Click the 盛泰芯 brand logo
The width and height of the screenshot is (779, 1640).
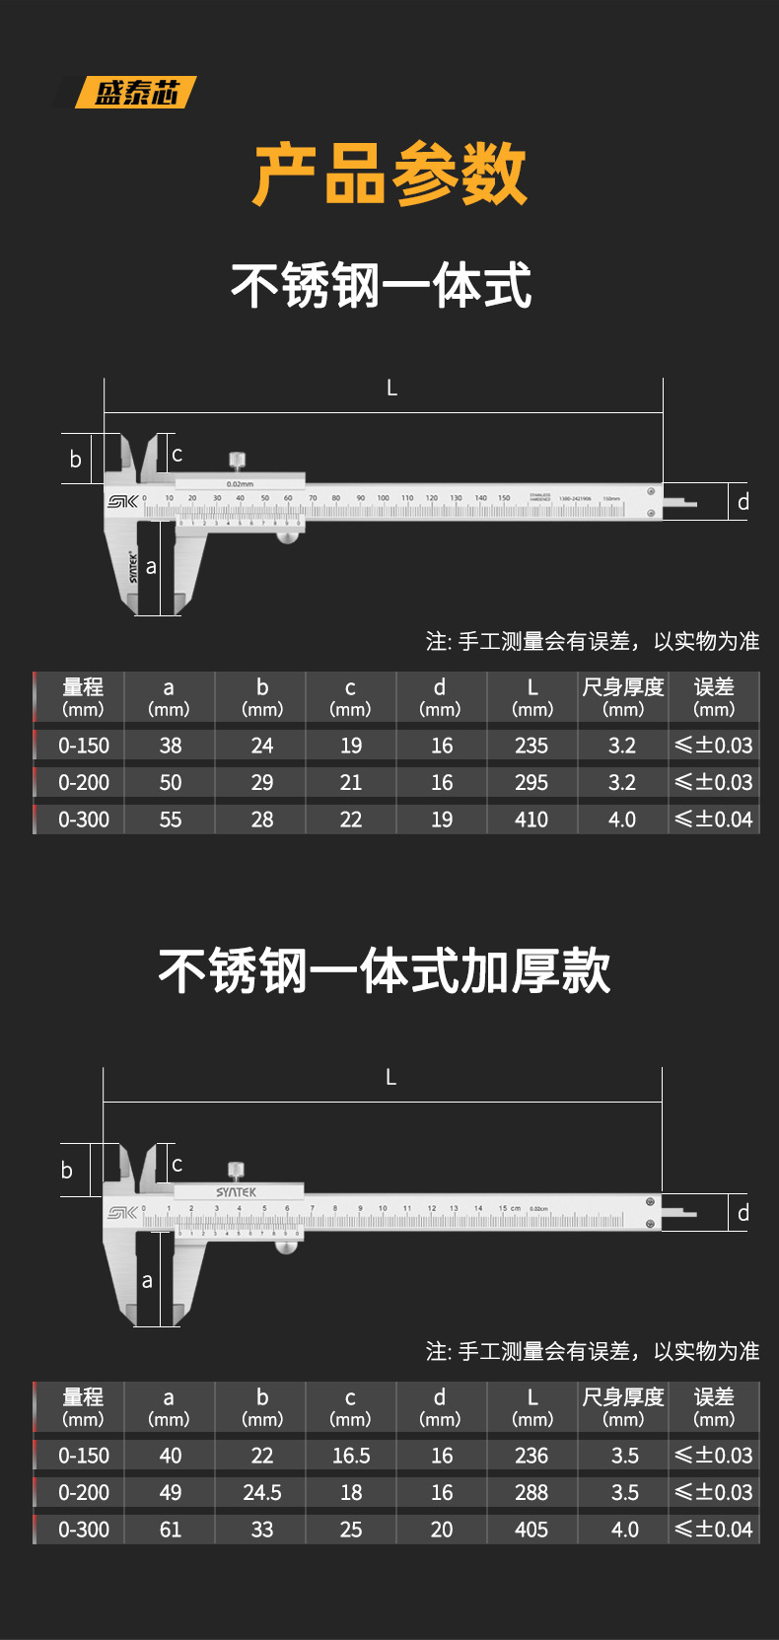136,93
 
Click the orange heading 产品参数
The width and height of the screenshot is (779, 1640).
389,175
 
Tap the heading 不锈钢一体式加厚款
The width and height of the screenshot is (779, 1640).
385,971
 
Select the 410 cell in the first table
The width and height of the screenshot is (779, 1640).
531,820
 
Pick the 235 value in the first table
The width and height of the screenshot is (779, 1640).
531,746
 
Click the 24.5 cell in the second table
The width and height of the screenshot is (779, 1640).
262,1493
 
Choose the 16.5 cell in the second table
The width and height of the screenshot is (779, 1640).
351,1456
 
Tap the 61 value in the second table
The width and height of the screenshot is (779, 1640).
171,1530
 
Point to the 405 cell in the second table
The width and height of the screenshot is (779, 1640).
531,1530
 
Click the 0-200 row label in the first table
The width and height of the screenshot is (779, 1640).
84,783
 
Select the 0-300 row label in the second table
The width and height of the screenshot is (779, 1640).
84,1530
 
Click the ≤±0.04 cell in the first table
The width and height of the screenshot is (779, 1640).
714,820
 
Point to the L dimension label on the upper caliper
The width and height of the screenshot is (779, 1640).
391,389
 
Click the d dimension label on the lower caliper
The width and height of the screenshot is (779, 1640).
744,1213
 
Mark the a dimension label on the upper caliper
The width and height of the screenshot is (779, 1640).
151,567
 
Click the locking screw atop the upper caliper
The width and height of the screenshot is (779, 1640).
238,462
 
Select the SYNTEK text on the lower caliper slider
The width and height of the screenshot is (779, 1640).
237,1192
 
